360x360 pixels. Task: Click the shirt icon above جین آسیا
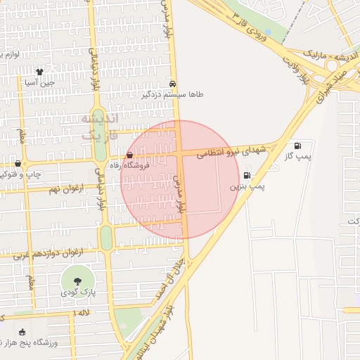coord(39,71)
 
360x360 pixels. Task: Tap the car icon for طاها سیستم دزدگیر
coord(173,83)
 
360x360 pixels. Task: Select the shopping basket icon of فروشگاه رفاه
coord(129,155)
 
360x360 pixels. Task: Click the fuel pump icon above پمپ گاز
coord(297,146)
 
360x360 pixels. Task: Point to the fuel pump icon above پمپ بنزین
coord(247,176)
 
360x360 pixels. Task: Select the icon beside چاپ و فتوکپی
coord(18,163)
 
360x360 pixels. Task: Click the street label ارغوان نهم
coord(67,188)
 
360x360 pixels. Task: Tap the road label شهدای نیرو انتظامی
coord(232,150)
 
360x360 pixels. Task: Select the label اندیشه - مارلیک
coord(324,53)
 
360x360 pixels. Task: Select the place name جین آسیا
coord(39,82)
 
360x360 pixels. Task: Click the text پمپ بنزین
coord(247,188)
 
